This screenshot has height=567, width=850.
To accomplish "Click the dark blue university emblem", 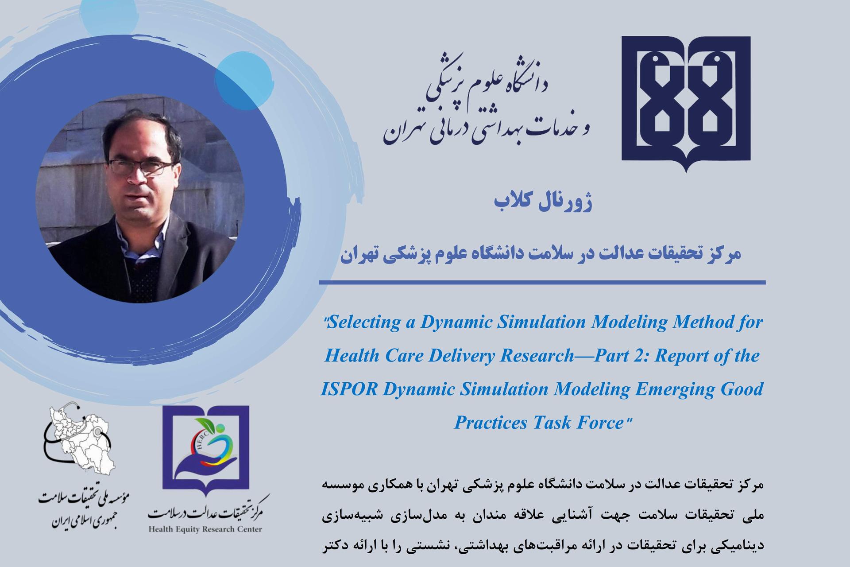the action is tap(686, 104).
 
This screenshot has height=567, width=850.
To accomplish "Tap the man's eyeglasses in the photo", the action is tap(141, 167).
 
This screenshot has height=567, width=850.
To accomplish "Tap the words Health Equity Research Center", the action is tap(205, 529).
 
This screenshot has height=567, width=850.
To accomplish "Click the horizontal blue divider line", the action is tap(542, 282).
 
